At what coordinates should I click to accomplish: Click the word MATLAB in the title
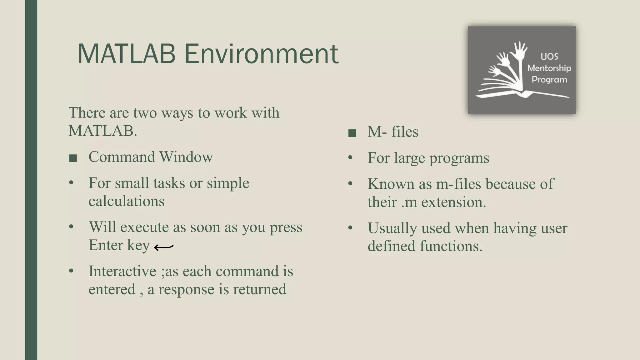[126, 54]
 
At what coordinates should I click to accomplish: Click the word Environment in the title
[261, 54]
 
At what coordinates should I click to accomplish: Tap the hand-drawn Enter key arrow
[164, 247]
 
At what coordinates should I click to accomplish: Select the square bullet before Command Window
[73, 158]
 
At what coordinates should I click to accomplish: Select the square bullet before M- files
[352, 133]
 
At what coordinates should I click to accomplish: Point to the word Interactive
[122, 271]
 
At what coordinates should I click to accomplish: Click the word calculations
[126, 201]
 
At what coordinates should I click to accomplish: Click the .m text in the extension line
[409, 202]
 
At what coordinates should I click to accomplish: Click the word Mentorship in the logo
[549, 68]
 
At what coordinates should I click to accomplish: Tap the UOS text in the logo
[549, 57]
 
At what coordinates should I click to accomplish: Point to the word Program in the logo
[549, 80]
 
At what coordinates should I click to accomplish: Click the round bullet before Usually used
[350, 228]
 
